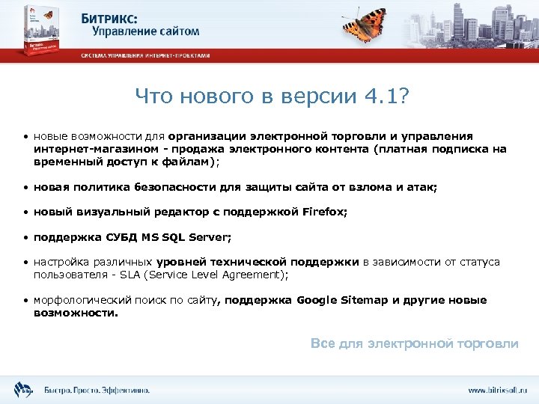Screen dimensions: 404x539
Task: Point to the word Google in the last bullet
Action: click(317, 300)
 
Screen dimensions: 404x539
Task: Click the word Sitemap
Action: click(365, 300)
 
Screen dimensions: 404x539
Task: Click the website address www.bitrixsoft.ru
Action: click(497, 390)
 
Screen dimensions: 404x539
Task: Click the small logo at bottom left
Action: click(22, 389)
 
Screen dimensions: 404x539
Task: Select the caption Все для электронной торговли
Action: click(414, 343)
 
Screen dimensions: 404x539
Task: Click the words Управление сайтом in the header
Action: click(146, 31)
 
